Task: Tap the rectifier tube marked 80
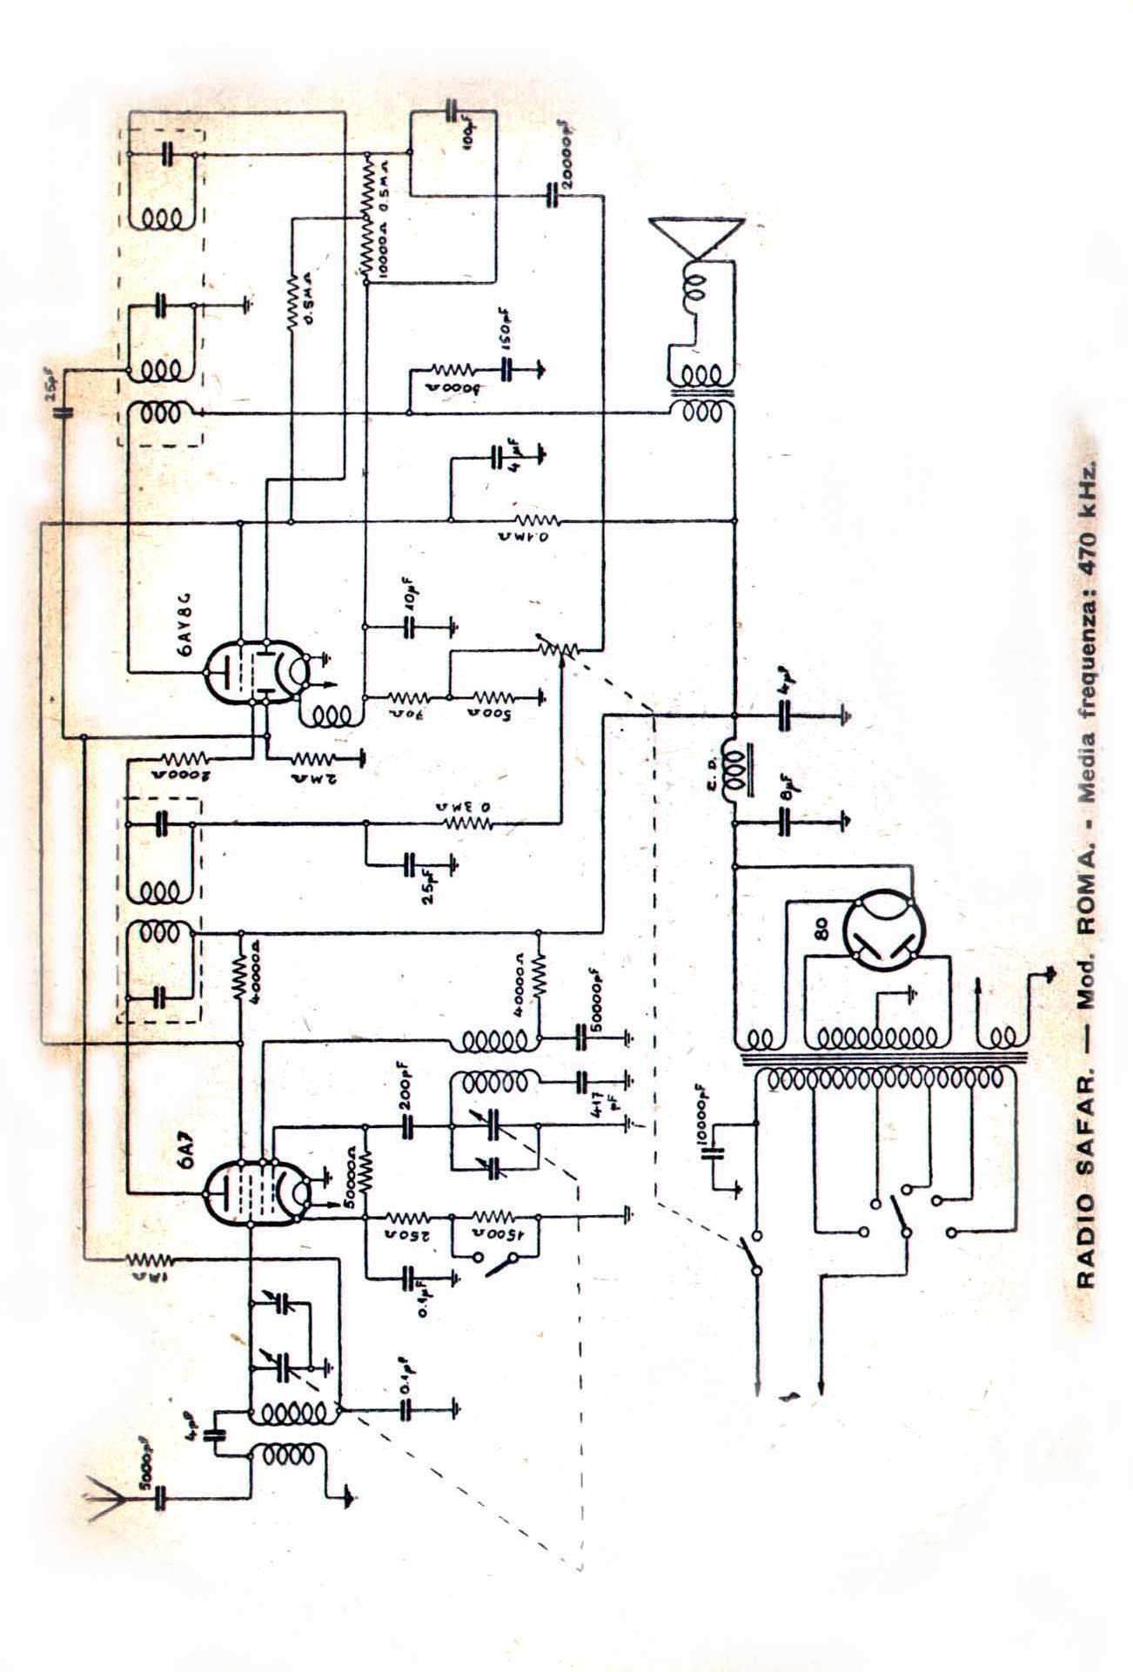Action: pyautogui.click(x=879, y=932)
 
